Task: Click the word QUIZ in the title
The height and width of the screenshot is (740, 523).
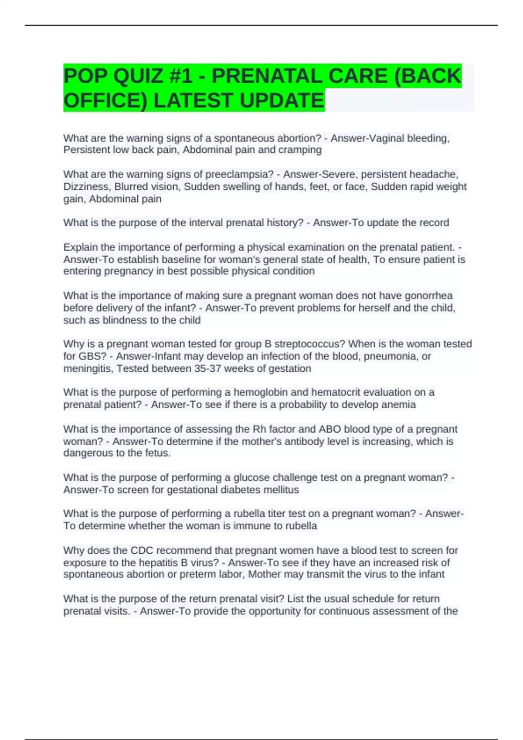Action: (x=138, y=76)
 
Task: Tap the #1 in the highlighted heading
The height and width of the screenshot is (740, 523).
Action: (x=182, y=76)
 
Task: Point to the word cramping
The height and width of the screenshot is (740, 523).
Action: (x=302, y=150)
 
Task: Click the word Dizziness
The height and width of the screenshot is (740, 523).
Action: (x=87, y=186)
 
